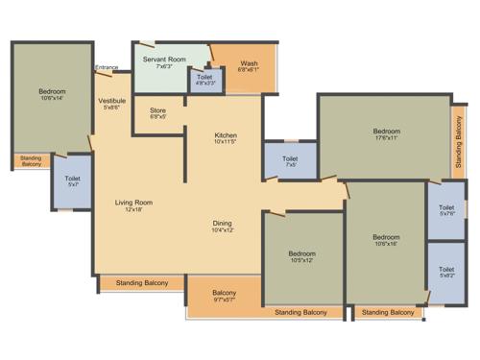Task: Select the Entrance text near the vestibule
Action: [107, 67]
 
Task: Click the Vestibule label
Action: [111, 103]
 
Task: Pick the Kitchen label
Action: [226, 138]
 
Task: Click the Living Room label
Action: [133, 204]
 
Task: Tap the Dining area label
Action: [222, 227]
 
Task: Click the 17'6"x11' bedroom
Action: [386, 133]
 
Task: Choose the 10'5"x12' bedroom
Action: [301, 257]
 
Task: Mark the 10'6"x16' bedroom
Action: [386, 239]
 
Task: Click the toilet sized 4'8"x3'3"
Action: [204, 80]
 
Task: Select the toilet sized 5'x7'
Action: [72, 181]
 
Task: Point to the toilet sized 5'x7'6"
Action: [445, 210]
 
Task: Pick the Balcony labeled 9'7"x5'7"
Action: [224, 296]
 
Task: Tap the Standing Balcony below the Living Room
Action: [141, 282]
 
